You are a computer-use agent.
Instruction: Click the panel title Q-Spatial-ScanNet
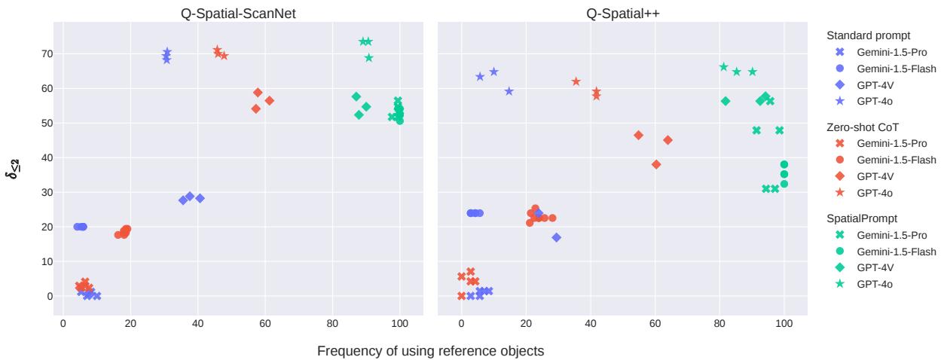(237, 13)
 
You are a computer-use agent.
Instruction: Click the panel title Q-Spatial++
(622, 13)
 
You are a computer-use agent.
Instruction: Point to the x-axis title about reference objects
(430, 351)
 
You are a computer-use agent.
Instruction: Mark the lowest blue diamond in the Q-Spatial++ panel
(557, 237)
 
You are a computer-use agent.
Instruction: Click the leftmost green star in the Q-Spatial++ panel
(724, 67)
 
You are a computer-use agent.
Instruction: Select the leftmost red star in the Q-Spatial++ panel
(576, 81)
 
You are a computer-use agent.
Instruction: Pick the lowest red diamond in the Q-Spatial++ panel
(656, 164)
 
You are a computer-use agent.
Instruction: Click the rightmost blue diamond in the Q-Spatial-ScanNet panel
(200, 198)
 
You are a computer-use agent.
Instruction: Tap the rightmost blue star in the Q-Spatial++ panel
(509, 91)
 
